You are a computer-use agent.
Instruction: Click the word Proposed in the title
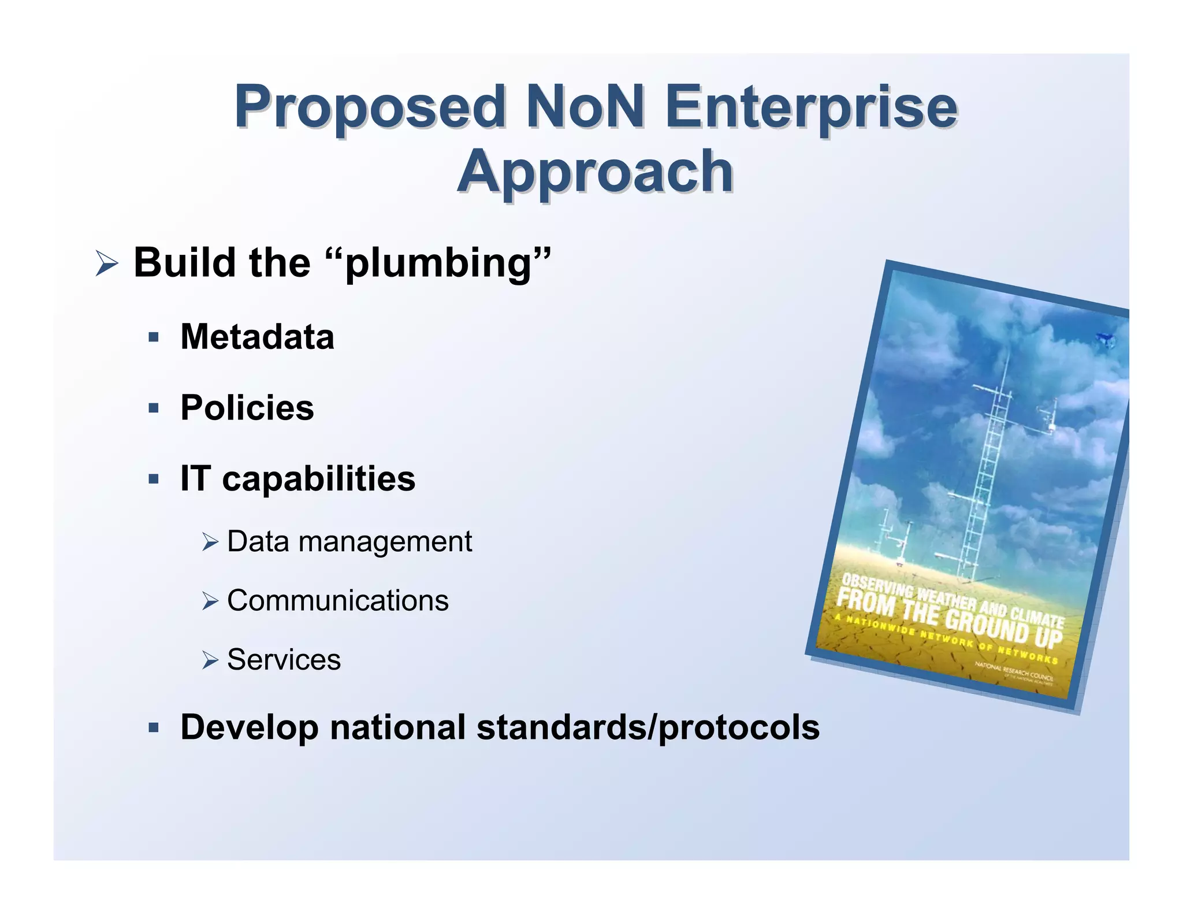pos(370,107)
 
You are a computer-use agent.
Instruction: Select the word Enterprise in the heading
pos(811,107)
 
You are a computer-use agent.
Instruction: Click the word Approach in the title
pos(595,172)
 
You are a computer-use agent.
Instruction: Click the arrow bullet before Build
pos(106,264)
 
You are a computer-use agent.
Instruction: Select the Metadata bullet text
pos(257,337)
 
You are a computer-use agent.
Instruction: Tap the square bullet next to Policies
pos(153,408)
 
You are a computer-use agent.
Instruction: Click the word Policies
pos(247,408)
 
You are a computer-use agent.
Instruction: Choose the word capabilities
pos(318,479)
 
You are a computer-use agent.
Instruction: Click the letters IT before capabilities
pos(194,479)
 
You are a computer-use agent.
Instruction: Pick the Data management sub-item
pos(349,542)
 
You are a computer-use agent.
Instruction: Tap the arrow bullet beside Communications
pos(210,601)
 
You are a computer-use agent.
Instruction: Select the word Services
pos(284,660)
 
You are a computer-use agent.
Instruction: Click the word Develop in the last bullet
pos(249,727)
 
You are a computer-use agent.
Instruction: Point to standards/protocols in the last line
pos(648,727)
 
